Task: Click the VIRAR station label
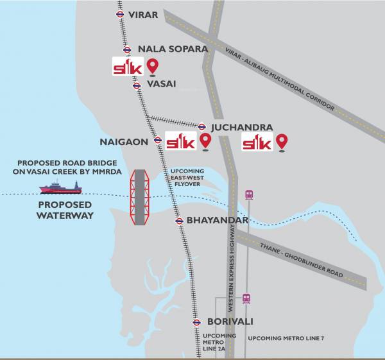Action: point(142,14)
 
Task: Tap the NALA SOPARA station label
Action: point(173,49)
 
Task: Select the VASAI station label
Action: point(161,84)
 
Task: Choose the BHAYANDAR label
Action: point(217,221)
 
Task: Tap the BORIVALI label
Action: point(230,321)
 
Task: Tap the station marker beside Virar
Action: point(120,14)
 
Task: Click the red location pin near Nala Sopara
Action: point(153,66)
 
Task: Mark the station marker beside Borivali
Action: point(196,322)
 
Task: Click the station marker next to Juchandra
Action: point(201,127)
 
